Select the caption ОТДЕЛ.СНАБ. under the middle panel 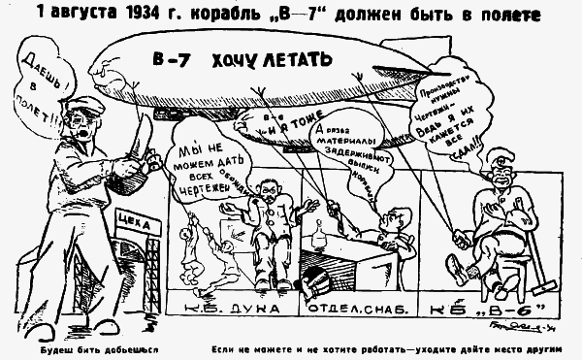350,310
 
